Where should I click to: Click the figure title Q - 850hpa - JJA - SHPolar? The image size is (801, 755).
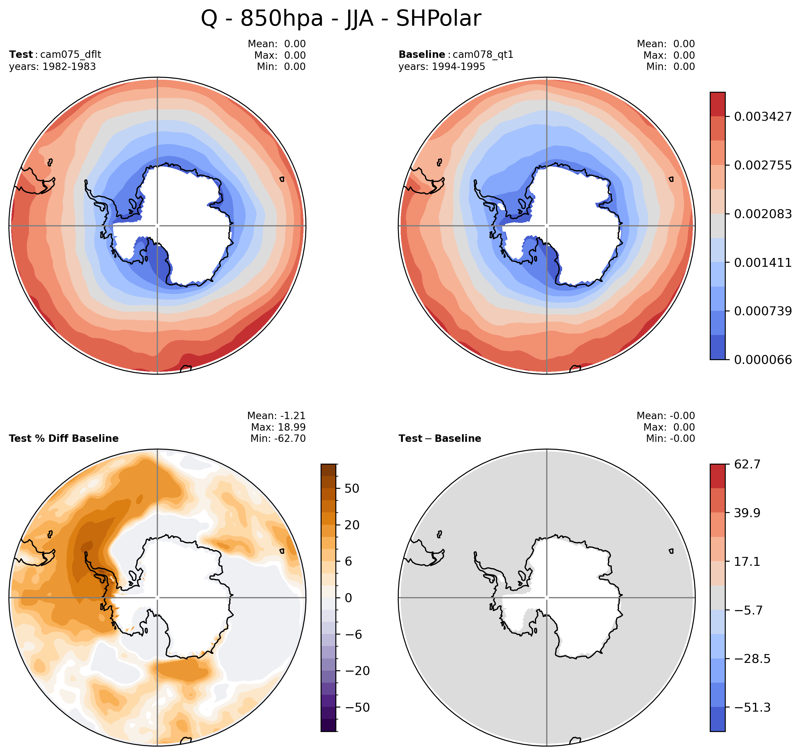[341, 19]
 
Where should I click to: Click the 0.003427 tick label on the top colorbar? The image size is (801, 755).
[763, 117]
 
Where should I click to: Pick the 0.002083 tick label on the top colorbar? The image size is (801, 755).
[763, 214]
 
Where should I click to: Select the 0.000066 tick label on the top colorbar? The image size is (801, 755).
[763, 360]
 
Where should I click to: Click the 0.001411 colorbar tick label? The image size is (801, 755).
[763, 263]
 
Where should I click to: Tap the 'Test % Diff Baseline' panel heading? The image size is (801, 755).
[64, 438]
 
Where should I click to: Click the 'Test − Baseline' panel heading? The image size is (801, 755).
[440, 438]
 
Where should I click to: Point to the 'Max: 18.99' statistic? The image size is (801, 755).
[278, 427]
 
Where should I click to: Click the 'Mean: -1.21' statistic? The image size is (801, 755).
[276, 416]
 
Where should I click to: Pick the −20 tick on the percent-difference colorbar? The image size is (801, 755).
[357, 671]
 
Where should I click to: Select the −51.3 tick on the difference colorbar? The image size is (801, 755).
[752, 707]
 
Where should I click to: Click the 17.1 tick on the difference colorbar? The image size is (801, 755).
[747, 562]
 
